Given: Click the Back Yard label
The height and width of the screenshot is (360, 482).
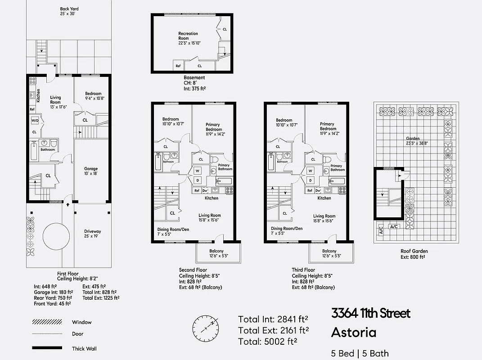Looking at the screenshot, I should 69,11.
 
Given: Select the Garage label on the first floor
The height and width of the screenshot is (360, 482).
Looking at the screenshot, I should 91,171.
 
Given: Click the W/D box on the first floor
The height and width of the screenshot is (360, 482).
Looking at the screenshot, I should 35,121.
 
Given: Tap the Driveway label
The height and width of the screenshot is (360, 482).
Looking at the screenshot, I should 92,234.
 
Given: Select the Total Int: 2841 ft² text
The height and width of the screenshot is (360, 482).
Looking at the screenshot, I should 273,319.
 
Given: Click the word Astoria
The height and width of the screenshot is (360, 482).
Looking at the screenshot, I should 353,333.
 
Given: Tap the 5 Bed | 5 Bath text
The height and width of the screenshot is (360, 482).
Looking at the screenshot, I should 360,354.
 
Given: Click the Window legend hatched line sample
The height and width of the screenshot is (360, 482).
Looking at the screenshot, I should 47,322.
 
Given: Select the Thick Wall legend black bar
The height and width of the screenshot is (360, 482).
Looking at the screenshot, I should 47,348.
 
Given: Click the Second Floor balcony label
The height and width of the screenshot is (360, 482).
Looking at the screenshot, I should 216,253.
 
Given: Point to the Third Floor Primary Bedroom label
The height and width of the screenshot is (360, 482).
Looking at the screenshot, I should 327,129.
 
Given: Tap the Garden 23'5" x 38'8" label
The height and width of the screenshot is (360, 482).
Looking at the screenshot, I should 413,141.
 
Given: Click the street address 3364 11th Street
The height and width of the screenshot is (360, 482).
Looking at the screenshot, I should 371,313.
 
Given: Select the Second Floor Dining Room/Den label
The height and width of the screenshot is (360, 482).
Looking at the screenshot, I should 170,231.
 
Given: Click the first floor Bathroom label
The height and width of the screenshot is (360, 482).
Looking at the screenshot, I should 47,150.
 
